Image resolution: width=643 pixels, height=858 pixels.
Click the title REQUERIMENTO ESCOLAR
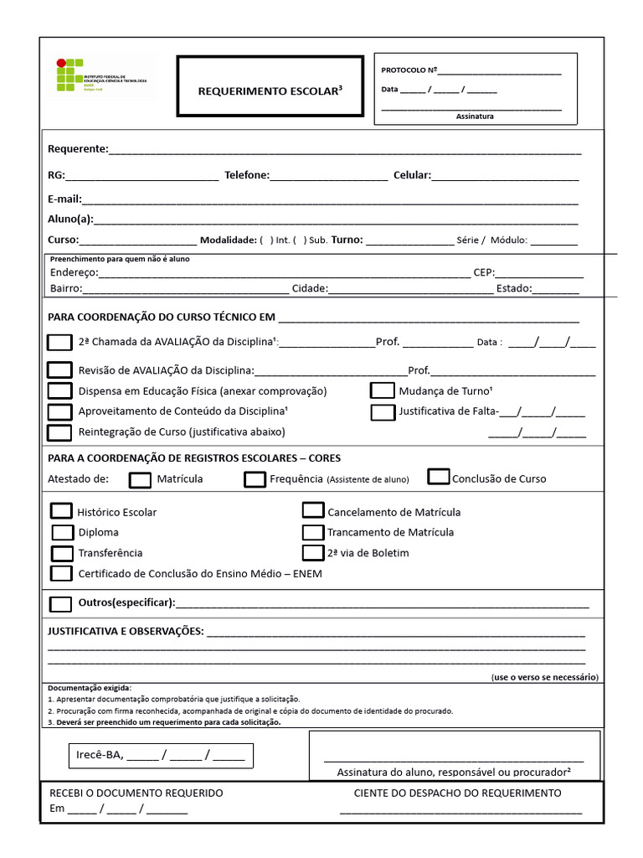[270, 90]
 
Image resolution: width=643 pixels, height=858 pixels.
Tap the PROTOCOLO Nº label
[409, 70]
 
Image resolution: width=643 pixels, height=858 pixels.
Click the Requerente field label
[78, 149]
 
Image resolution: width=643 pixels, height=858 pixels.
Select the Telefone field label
[247, 175]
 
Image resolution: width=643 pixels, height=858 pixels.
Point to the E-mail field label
[64, 199]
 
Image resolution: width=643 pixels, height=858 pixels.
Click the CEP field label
[484, 272]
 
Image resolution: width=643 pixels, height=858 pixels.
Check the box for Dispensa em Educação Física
[59, 390]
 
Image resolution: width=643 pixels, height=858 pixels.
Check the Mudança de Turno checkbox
[383, 390]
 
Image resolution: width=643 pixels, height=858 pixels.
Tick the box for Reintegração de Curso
[59, 432]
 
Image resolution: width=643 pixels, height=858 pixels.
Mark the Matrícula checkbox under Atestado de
[141, 479]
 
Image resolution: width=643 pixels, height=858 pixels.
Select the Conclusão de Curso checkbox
[439, 477]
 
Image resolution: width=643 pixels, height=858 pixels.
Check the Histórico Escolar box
[61, 511]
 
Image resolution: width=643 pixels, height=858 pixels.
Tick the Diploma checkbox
[62, 532]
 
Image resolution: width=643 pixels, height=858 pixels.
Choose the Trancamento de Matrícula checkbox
[313, 532]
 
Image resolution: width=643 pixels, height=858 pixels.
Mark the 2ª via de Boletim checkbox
[313, 553]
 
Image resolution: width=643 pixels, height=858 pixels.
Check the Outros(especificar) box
[60, 603]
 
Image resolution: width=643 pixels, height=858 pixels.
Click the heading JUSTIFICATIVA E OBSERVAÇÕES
[126, 631]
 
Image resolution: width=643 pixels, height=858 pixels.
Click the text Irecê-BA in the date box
[100, 755]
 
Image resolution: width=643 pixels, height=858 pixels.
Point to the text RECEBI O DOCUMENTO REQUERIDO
[136, 793]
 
